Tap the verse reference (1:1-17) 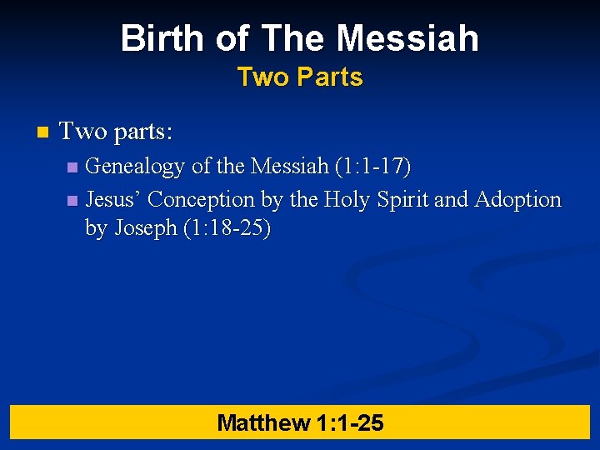tap(372, 167)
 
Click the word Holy tap(347, 200)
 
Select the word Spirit tap(403, 200)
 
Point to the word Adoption tap(517, 200)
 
